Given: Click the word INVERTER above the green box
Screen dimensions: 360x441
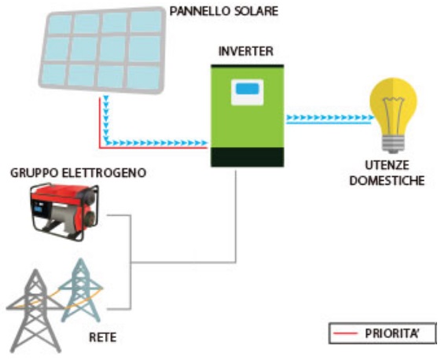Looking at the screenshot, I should pyautogui.click(x=246, y=52).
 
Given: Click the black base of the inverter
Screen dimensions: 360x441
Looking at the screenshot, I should pyautogui.click(x=246, y=156).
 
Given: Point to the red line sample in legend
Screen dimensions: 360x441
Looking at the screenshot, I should pyautogui.click(x=346, y=333).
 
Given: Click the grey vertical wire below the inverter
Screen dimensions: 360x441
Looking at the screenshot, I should pyautogui.click(x=237, y=212).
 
